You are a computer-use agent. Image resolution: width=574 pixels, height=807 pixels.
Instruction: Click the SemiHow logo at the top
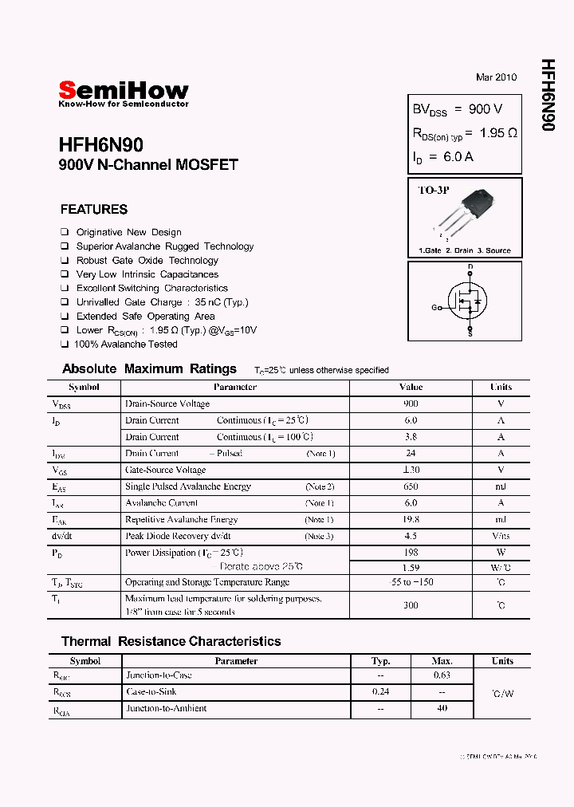124,92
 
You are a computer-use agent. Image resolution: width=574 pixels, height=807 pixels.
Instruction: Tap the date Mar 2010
496,77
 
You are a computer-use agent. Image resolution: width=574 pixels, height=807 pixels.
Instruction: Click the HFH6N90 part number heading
100,145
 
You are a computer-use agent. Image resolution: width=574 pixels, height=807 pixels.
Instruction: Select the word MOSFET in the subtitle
207,166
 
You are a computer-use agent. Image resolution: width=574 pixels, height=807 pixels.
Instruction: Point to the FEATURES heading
93,210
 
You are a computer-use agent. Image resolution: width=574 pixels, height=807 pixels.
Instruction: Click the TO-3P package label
434,191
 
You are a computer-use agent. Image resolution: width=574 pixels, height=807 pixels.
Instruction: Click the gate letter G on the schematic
434,307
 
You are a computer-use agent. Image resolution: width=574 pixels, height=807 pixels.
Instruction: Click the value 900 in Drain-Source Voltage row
411,403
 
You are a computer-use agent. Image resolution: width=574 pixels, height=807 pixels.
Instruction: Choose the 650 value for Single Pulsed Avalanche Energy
411,486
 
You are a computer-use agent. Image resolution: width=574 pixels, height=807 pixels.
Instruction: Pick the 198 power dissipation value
411,552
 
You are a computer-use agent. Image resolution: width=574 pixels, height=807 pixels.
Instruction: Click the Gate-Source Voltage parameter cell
165,470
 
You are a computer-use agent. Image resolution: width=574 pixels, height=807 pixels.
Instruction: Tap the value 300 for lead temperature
411,605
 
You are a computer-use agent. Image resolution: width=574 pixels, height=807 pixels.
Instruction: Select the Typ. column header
381,661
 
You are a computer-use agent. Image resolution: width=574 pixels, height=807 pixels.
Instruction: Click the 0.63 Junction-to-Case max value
442,675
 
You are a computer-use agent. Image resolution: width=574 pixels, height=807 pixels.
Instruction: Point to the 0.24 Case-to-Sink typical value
381,692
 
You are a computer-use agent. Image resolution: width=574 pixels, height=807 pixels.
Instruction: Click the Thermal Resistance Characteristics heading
171,641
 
